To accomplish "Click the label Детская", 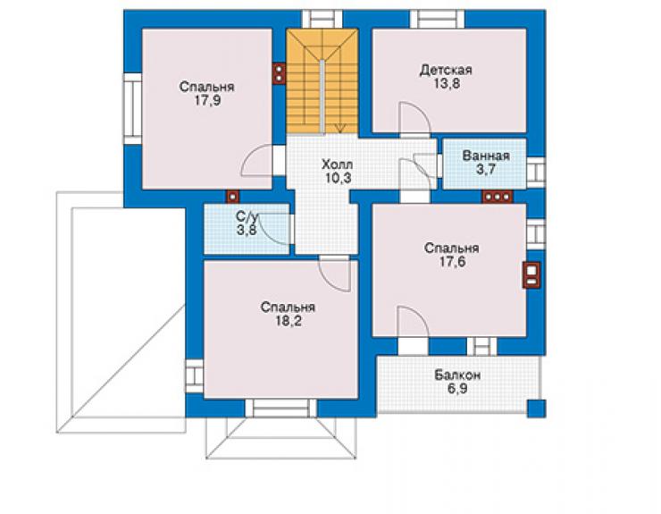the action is point(446,70).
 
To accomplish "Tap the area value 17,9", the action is point(207,101).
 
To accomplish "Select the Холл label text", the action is point(337,164).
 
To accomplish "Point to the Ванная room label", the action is point(486,156).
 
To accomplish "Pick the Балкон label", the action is point(457,375).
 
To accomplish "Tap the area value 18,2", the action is point(289,321).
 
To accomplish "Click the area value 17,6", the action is point(452,262).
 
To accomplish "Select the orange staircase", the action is point(322,81).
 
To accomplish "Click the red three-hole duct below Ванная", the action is point(498,197).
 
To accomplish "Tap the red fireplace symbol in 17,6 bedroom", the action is point(531,275).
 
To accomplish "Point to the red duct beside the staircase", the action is point(279,73).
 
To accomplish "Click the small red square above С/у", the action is point(232,197).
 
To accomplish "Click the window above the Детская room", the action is point(437,19).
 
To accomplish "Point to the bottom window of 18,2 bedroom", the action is point(280,408).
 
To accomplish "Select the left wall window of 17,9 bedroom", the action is point(132,109).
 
